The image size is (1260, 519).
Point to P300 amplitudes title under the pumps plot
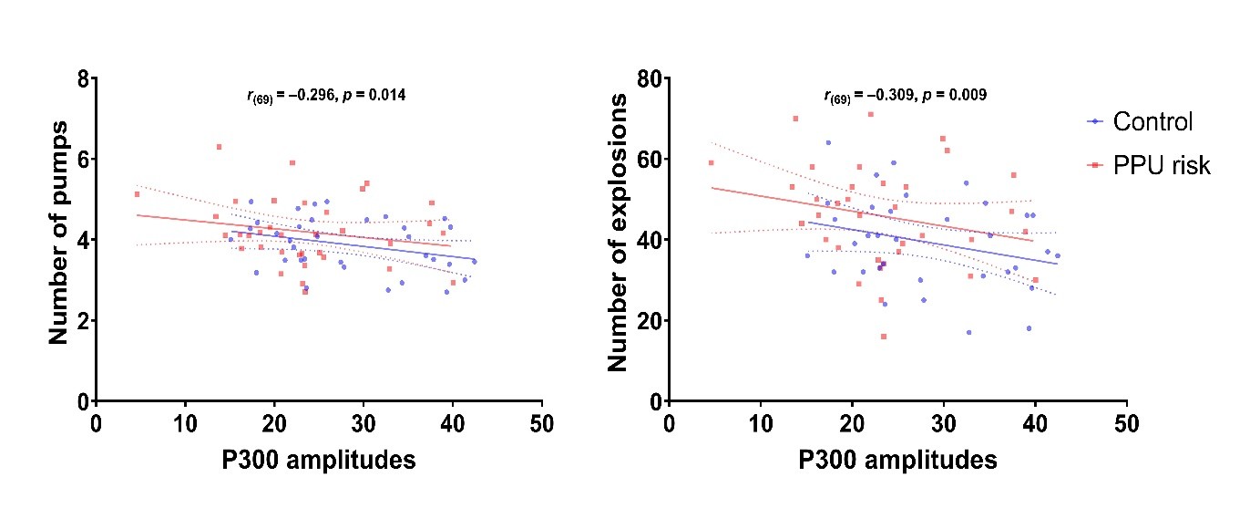click(x=319, y=460)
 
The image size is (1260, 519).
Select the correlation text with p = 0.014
click(x=326, y=95)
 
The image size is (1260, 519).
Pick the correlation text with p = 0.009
click(x=905, y=95)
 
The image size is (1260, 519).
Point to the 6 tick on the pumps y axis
click(x=82, y=159)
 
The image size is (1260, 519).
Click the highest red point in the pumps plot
click(x=219, y=146)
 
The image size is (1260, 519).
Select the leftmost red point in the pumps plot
click(x=137, y=193)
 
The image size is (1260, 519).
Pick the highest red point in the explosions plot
click(x=870, y=114)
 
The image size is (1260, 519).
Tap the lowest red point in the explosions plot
click(x=883, y=337)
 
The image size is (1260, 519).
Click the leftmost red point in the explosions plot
click(x=711, y=163)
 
